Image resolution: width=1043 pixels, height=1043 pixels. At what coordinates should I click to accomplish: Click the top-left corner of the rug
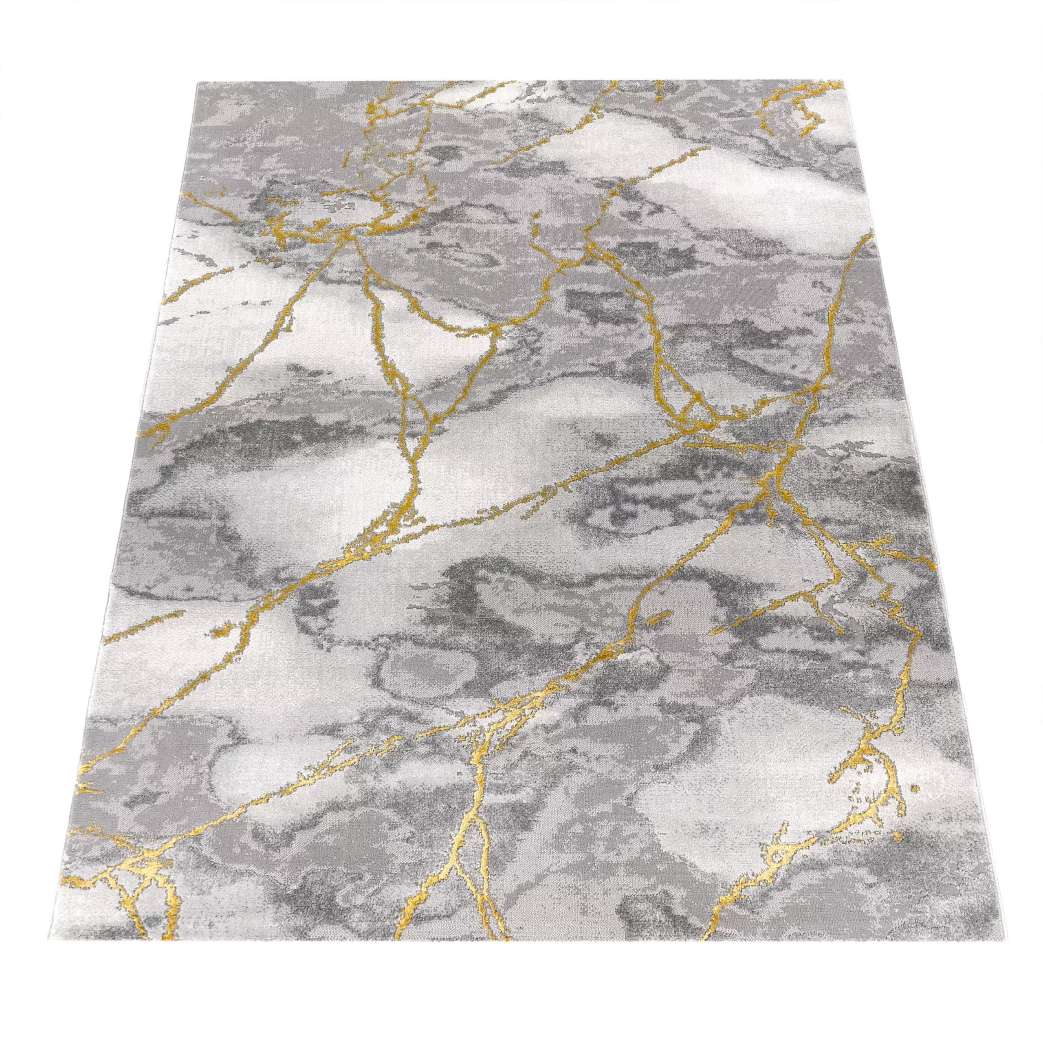(x=198, y=82)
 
